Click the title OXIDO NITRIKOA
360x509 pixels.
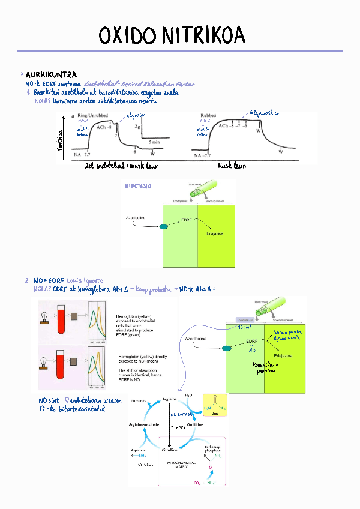pos(172,35)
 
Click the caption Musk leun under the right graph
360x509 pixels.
pos(233,166)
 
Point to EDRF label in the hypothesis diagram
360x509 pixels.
pos(187,221)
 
